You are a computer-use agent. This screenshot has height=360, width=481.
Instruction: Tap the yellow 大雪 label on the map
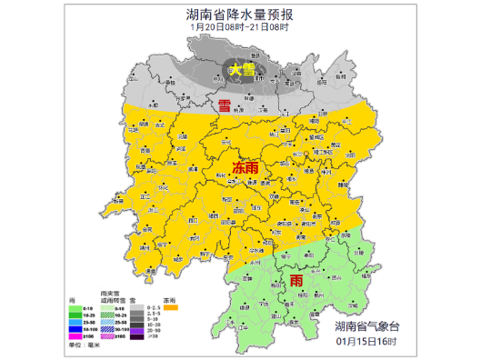(241, 69)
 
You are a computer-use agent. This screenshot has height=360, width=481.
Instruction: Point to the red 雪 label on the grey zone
(224, 106)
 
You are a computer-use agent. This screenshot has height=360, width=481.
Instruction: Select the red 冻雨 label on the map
(246, 168)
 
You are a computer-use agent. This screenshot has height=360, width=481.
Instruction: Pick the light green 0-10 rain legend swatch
(75, 308)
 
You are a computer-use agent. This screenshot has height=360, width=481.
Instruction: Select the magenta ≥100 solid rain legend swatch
(75, 336)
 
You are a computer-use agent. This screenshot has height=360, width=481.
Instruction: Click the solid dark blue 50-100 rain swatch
(75, 329)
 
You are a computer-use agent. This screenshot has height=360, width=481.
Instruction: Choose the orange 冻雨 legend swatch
(171, 307)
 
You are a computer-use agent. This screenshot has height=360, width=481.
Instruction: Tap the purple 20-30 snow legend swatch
(136, 331)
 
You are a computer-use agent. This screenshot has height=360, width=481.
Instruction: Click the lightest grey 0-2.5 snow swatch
(136, 307)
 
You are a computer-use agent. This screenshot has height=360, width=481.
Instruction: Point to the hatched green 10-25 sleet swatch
(107, 315)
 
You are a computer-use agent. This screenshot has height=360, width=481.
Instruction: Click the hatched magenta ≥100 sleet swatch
(107, 336)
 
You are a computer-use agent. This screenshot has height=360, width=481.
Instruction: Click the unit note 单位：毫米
(85, 345)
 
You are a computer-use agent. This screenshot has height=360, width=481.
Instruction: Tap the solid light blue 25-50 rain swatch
(75, 322)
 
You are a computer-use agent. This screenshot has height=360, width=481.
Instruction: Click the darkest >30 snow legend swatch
(136, 337)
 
